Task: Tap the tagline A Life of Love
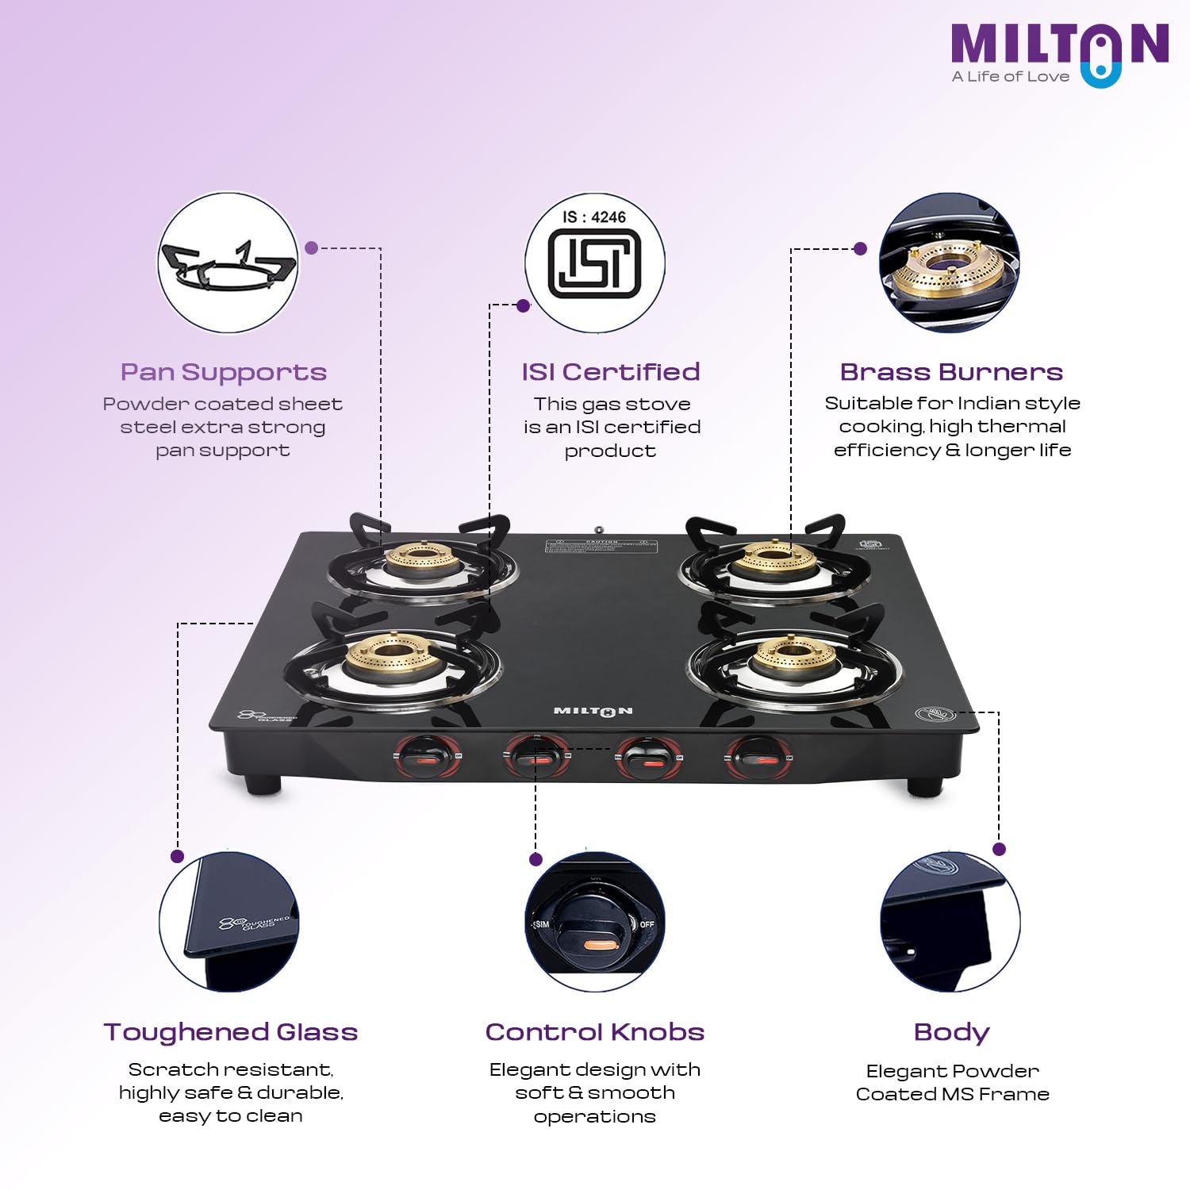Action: [x=1011, y=77]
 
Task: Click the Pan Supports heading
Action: [x=224, y=372]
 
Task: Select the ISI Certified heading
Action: [x=610, y=372]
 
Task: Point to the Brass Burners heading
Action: [x=951, y=372]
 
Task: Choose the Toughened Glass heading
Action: [x=231, y=1031]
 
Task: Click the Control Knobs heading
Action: [x=595, y=1031]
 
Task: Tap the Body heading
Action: [x=951, y=1032]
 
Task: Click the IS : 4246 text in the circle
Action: [x=594, y=217]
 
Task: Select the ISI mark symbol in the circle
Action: [x=594, y=264]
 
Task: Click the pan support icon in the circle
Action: [x=228, y=265]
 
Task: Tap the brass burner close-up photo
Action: [x=950, y=263]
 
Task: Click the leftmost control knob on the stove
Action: [x=427, y=757]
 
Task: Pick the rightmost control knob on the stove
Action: [x=758, y=758]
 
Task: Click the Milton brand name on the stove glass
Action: [x=593, y=711]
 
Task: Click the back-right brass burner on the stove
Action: [x=773, y=559]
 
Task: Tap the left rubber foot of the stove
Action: [x=263, y=785]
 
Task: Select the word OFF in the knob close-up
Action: [x=647, y=924]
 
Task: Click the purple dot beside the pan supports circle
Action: [x=312, y=248]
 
